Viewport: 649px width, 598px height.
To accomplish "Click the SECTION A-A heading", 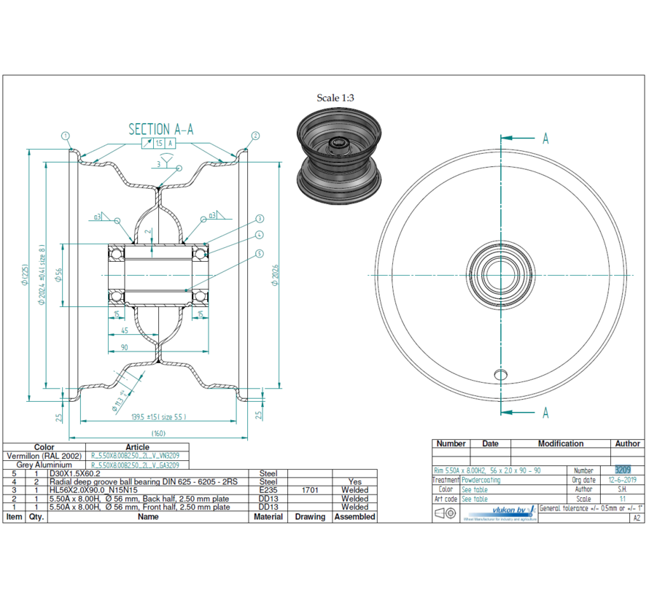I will click(160, 129).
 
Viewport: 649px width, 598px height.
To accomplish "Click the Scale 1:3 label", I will click(335, 98).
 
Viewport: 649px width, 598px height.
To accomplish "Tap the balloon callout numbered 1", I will click(65, 136).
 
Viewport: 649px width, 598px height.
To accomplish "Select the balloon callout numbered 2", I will click(256, 136).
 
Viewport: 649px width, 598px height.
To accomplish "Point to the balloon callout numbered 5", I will click(260, 254).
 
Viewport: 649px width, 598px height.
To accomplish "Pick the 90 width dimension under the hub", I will click(125, 347).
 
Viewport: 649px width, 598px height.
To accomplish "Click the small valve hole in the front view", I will click(500, 374).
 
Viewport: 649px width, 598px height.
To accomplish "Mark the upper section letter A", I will click(545, 139).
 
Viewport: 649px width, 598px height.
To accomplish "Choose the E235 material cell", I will click(268, 490).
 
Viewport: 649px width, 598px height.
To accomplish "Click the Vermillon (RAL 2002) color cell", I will click(44, 456).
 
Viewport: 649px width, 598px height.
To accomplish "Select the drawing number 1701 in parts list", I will click(310, 490).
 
